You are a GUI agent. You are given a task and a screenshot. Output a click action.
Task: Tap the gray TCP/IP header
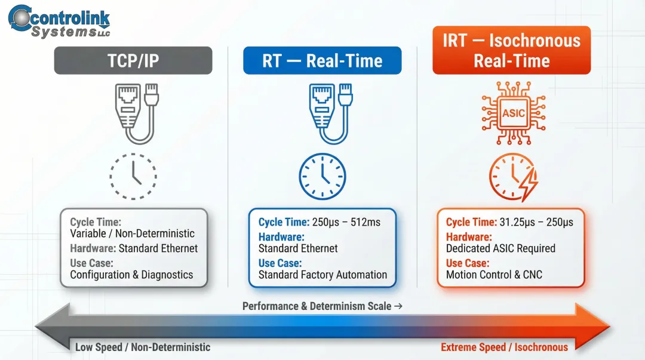(x=133, y=61)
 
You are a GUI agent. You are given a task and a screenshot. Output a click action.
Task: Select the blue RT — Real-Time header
(x=322, y=61)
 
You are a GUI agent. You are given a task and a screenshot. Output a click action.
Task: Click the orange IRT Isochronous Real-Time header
(x=511, y=51)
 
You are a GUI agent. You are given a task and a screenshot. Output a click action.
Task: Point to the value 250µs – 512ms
(x=346, y=222)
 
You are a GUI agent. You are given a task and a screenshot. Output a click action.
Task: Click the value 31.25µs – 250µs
(x=536, y=222)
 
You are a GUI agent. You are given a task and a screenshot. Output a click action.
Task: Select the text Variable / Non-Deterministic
(x=132, y=233)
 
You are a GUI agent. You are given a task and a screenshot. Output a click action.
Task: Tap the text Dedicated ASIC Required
(x=500, y=248)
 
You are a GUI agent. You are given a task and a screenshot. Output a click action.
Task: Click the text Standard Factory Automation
(x=322, y=275)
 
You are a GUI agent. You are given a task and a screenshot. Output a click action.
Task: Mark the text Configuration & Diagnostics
(x=131, y=275)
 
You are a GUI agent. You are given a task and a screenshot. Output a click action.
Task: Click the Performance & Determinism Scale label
(x=322, y=306)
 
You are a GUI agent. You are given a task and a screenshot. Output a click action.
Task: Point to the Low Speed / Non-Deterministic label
(x=143, y=347)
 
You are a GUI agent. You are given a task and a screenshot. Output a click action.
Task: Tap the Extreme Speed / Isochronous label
(x=504, y=347)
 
